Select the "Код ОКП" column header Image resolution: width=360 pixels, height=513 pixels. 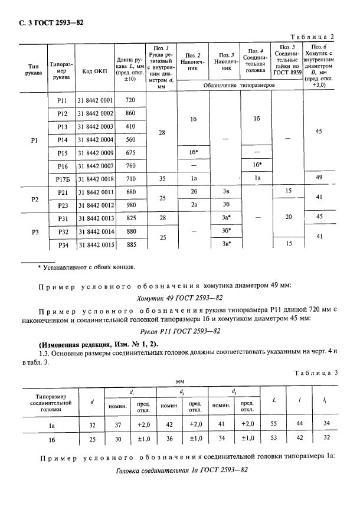[94, 72]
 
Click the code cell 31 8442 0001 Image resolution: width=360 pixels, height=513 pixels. [95, 100]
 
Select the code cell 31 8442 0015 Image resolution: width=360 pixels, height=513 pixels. [95, 244]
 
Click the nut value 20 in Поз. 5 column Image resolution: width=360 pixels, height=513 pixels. [288, 218]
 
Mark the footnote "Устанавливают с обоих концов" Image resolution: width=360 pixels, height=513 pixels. [86, 267]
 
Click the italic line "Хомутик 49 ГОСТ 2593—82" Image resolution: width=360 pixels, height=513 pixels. [179, 298]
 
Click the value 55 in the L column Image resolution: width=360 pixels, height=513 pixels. [274, 423]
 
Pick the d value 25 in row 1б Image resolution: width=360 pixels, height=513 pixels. [93, 437]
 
